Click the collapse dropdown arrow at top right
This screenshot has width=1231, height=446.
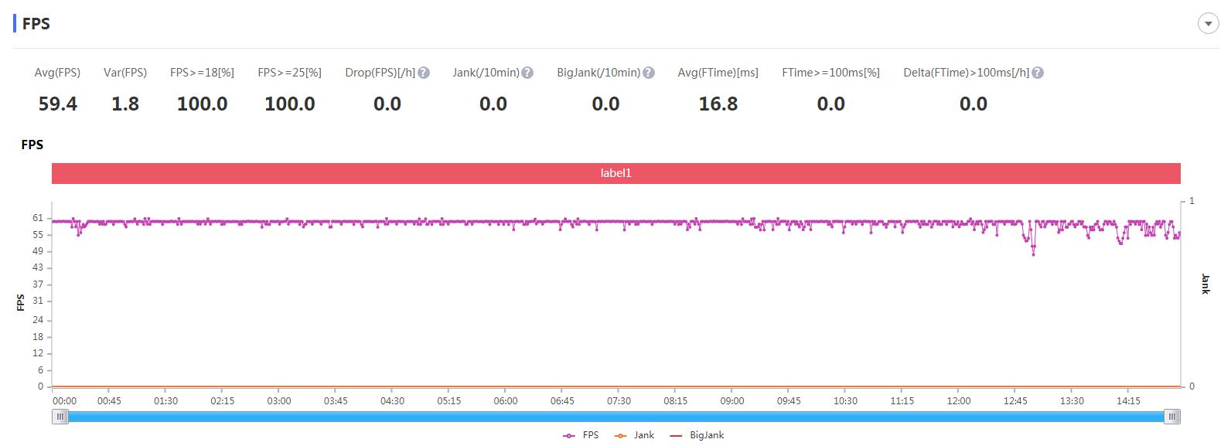click(x=1208, y=24)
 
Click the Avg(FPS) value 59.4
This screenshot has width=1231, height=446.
click(x=58, y=104)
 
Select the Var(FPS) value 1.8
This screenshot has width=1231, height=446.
click(x=125, y=104)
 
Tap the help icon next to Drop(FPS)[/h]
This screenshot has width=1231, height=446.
click(x=424, y=73)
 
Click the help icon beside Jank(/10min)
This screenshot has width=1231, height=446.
click(x=527, y=73)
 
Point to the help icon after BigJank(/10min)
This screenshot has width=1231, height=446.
click(x=649, y=73)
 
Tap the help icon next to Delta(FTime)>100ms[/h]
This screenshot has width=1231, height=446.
click(x=1038, y=73)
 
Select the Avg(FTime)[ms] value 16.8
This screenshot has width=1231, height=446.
click(x=718, y=104)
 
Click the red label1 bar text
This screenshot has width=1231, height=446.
click(x=616, y=173)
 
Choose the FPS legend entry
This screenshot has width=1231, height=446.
click(x=581, y=435)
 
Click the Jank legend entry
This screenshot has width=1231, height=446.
click(x=635, y=435)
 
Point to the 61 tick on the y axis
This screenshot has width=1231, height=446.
click(x=38, y=218)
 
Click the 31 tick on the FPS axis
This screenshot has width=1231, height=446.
click(x=38, y=301)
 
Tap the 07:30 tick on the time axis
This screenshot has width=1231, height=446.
click(x=619, y=401)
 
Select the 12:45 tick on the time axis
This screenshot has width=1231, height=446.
click(x=1015, y=401)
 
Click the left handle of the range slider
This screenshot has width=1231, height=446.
click(x=60, y=417)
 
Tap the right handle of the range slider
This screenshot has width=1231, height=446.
click(x=1172, y=417)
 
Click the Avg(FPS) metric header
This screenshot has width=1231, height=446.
click(x=57, y=73)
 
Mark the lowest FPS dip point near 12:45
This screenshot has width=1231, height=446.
click(x=1034, y=254)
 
